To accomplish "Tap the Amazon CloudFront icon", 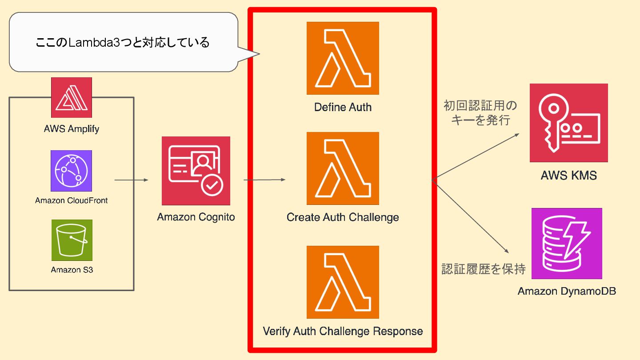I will click(72, 171).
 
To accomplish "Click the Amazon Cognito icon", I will click(196, 171).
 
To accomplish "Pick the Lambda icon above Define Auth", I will click(343, 58).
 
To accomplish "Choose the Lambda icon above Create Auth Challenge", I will click(343, 168).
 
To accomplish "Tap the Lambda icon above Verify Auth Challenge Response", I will click(343, 282).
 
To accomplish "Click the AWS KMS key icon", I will click(568, 123).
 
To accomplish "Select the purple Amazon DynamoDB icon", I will click(567, 244).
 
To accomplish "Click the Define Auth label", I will click(343, 107).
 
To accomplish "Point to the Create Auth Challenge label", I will click(343, 217).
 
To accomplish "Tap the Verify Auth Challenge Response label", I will click(343, 331).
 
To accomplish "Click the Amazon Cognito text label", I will click(196, 217).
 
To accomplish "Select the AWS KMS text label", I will click(568, 175).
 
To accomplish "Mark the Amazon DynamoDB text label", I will click(567, 292).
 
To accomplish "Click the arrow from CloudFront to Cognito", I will click(131, 180).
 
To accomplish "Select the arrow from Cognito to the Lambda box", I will click(264, 180).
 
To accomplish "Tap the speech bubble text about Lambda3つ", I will click(122, 43).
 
